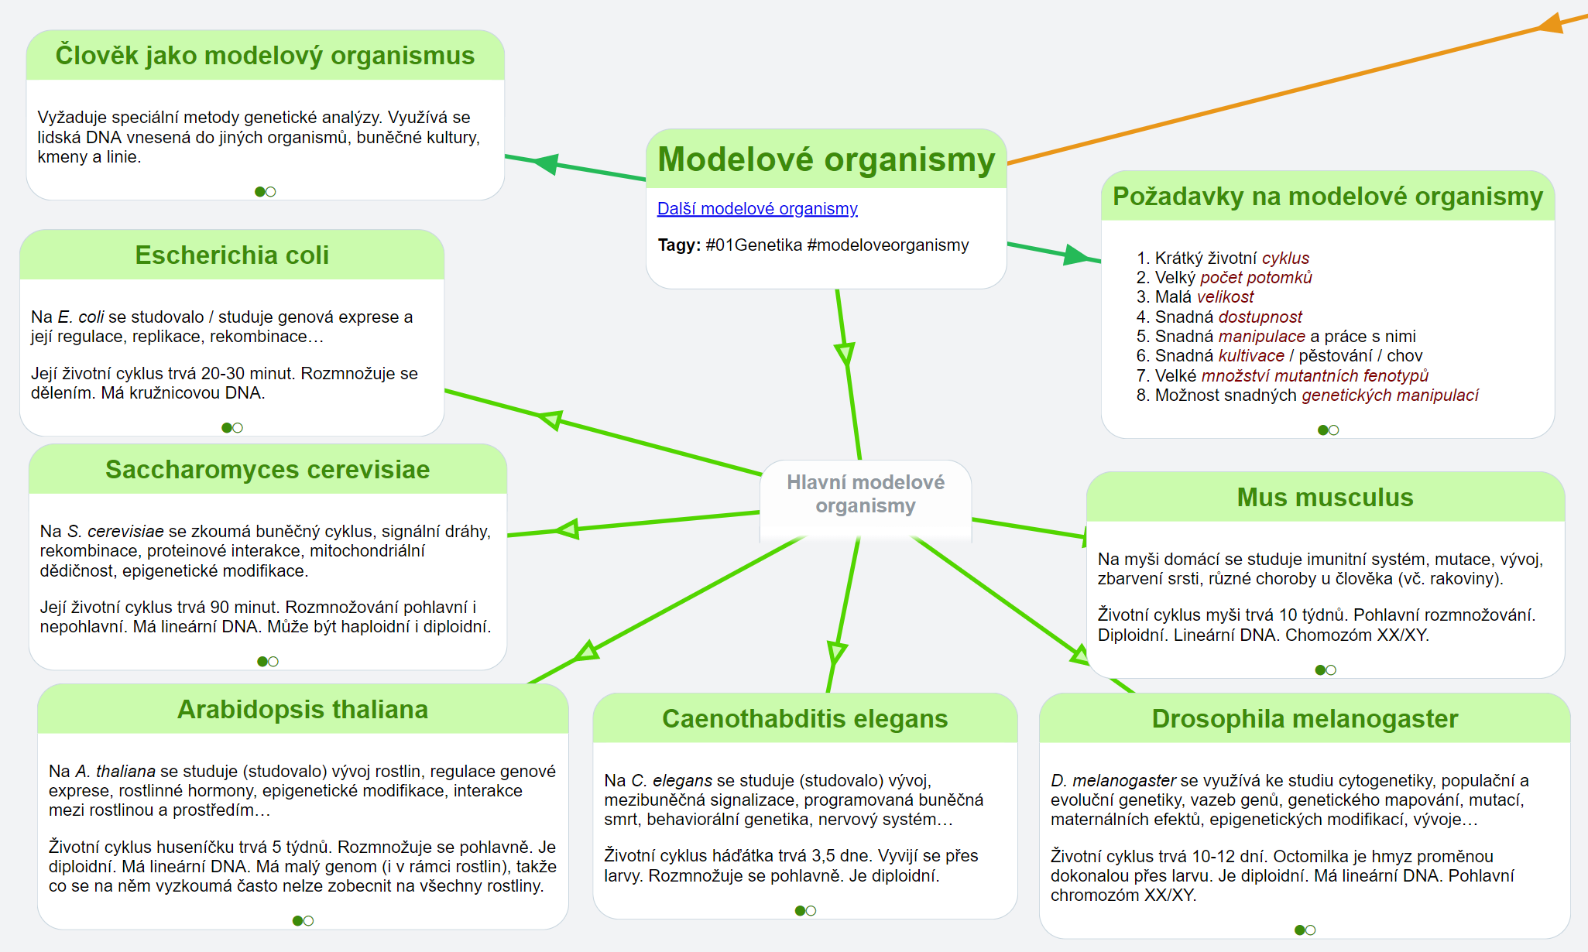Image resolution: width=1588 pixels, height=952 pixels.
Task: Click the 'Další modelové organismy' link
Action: click(756, 208)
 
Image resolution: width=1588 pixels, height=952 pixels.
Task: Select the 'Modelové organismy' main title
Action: click(825, 159)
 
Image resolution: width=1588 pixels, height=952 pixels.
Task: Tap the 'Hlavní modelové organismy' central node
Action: click(865, 494)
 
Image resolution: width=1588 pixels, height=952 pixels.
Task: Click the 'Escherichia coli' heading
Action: click(232, 255)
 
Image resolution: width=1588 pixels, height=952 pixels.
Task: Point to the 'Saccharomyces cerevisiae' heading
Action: click(267, 469)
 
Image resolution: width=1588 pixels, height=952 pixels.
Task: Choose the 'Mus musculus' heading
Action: click(1324, 497)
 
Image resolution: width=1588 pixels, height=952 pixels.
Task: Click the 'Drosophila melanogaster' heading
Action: click(1304, 718)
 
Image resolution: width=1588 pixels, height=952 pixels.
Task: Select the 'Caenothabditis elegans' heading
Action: click(804, 718)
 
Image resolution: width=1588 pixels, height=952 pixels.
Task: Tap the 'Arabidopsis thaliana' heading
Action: click(302, 709)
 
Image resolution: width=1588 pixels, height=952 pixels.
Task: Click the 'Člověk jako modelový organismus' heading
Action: click(265, 56)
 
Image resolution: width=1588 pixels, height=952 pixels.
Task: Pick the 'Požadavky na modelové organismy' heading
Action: click(1327, 197)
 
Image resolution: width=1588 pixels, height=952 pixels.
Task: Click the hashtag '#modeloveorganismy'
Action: click(887, 245)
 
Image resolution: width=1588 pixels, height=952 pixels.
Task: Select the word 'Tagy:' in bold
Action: click(679, 245)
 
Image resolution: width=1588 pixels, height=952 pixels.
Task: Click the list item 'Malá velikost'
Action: click(1204, 297)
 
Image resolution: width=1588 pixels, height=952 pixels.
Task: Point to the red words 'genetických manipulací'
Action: click(1390, 396)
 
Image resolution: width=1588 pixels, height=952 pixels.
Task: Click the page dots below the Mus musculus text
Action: click(1326, 669)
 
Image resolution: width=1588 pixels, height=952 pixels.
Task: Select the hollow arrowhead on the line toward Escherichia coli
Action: click(550, 419)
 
